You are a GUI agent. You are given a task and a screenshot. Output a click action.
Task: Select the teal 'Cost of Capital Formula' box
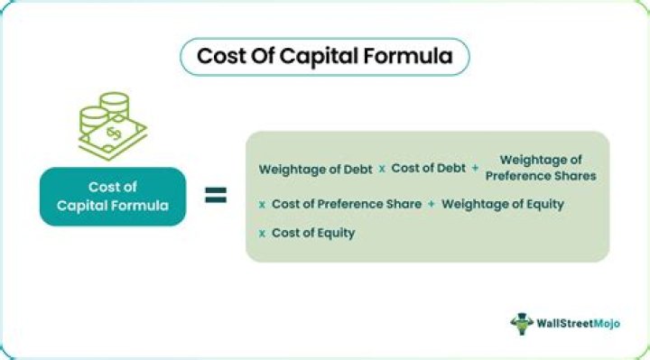(111, 195)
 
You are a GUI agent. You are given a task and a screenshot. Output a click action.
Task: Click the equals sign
(215, 194)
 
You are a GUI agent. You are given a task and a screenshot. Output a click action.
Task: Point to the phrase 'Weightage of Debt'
(314, 169)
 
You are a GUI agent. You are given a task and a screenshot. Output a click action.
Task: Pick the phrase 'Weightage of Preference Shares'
(541, 168)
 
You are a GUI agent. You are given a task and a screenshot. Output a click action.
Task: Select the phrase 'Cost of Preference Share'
(346, 204)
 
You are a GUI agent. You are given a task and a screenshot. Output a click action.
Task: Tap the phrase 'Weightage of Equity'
(502, 204)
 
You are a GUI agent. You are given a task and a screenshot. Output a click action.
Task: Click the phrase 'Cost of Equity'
(312, 233)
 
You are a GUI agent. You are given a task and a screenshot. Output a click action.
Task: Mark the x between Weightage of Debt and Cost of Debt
(382, 169)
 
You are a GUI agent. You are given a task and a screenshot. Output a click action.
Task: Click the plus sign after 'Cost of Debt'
(475, 169)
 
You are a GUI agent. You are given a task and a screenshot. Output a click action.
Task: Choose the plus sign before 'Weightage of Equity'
(432, 204)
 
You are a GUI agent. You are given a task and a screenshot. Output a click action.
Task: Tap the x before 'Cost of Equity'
(262, 233)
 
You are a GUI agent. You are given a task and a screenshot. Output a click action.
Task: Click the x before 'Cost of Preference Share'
(262, 204)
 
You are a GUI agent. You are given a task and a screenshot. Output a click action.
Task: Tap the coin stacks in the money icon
(102, 113)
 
